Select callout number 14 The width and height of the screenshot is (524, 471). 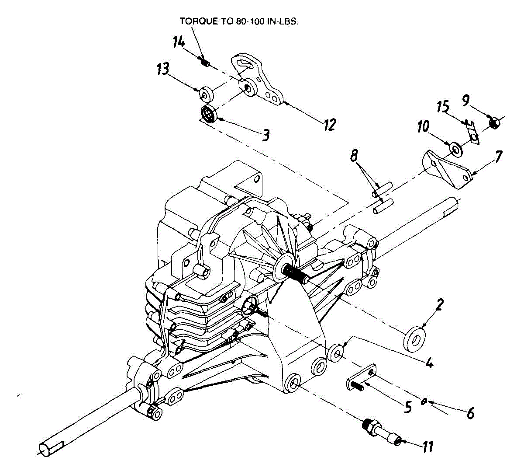(179, 42)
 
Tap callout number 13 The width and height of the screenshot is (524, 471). (163, 69)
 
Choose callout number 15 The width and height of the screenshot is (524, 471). (444, 107)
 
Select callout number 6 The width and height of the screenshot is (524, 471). (470, 413)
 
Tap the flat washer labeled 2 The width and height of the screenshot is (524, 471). (414, 338)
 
